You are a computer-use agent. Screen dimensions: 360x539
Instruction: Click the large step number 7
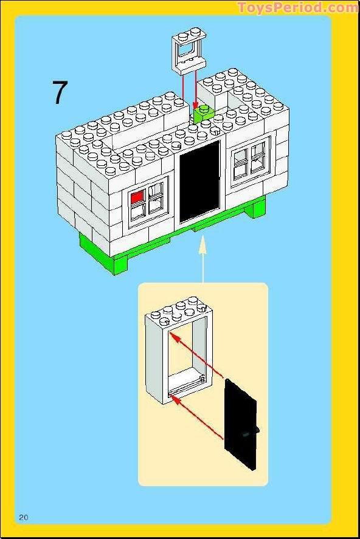click(59, 92)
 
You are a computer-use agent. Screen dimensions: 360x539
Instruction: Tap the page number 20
click(24, 517)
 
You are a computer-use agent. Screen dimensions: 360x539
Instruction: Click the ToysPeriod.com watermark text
click(298, 7)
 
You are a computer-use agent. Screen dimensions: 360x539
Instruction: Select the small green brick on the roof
click(204, 114)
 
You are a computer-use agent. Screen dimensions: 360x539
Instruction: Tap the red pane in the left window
click(137, 197)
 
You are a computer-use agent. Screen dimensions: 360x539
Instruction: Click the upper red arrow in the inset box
click(198, 357)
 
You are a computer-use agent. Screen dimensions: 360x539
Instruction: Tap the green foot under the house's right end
click(257, 208)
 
